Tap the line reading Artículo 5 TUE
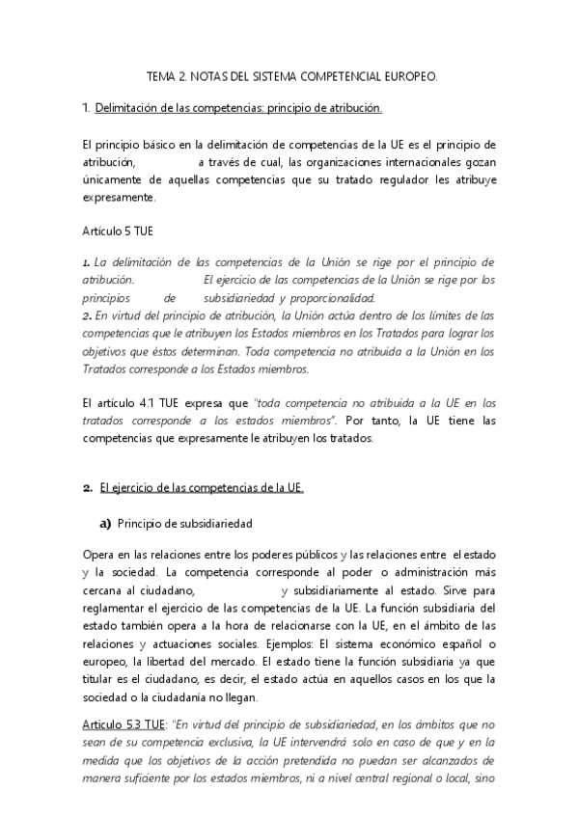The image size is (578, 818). [x=117, y=232]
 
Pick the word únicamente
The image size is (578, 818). [x=115, y=179]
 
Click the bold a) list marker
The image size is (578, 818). [x=101, y=524]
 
